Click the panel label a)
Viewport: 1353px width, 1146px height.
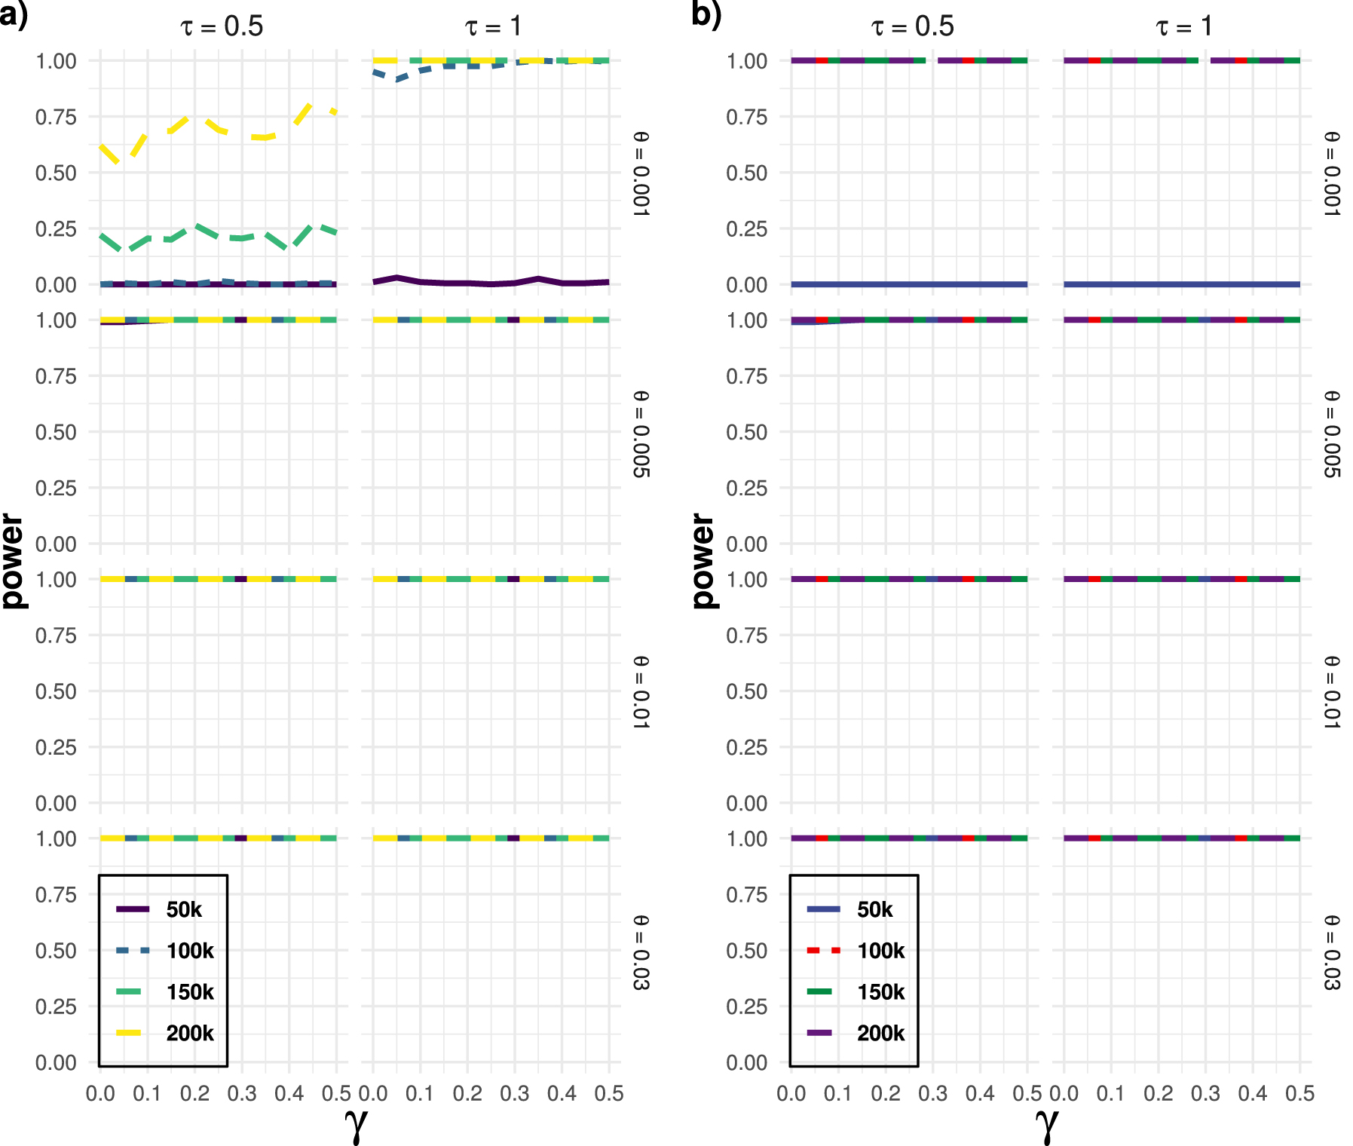pos(13,15)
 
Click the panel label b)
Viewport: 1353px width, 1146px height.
pos(706,15)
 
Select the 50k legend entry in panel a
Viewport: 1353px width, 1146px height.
pos(183,910)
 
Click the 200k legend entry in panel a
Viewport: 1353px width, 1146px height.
pos(188,1033)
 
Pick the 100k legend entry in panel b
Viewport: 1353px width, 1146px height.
pos(880,951)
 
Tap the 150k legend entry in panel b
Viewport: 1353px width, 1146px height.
pos(880,992)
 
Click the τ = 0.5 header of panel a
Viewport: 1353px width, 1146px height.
pos(222,27)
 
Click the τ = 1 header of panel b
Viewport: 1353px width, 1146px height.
pos(1183,27)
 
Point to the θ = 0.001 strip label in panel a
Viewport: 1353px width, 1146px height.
pos(641,173)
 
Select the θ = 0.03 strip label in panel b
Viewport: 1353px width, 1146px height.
pos(1332,952)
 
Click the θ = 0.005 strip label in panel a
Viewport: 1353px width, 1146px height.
pos(641,434)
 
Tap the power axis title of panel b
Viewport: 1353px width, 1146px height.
pos(703,561)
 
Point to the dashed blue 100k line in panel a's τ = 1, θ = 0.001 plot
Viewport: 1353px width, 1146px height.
pos(422,70)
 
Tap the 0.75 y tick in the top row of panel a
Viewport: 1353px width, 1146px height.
pos(56,117)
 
